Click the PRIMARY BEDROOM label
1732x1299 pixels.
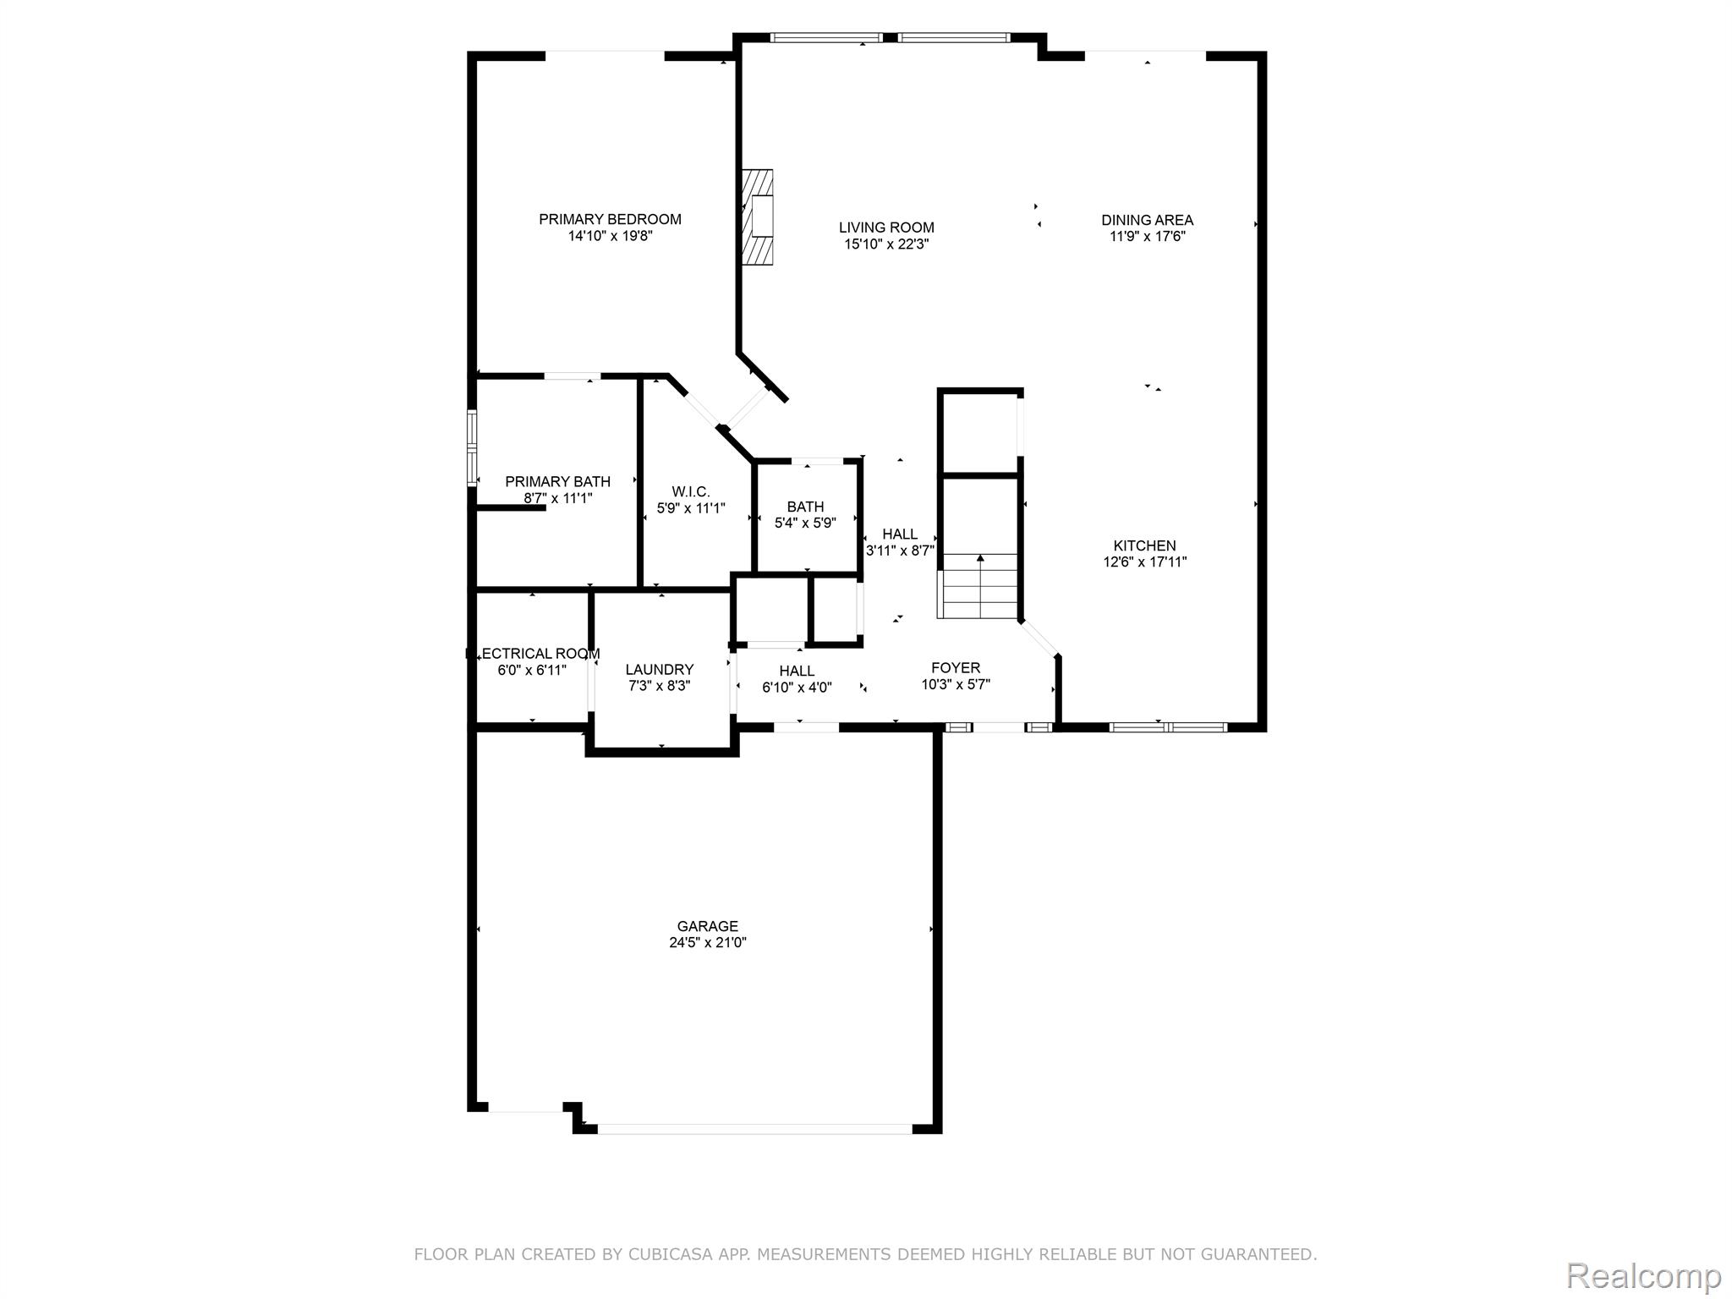(610, 219)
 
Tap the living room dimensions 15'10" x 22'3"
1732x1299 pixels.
(886, 244)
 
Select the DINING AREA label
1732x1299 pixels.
(1147, 221)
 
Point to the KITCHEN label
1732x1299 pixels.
(1144, 546)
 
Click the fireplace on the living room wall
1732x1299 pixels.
(757, 217)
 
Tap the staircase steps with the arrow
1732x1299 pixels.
(980, 585)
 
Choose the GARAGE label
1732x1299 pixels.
(708, 926)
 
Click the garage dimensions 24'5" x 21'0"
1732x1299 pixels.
(708, 943)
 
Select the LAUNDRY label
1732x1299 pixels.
(660, 670)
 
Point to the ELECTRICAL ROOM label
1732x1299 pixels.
(533, 654)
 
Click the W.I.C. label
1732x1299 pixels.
(691, 492)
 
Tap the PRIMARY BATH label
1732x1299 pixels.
(558, 482)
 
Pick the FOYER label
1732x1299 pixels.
(956, 668)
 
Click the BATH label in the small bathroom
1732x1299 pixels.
(805, 507)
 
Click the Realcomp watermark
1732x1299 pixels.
(1644, 1275)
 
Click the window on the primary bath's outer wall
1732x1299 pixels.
(472, 448)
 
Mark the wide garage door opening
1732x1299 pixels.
(755, 1129)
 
